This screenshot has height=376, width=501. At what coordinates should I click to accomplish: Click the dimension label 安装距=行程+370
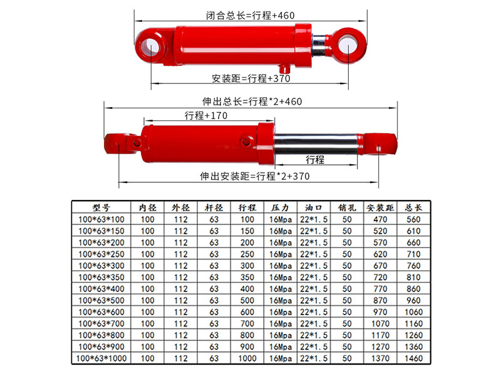pyautogui.click(x=249, y=78)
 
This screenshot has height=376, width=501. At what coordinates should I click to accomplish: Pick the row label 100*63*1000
pyautogui.click(x=101, y=359)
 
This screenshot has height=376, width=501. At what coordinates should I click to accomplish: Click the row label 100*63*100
pyautogui.click(x=101, y=219)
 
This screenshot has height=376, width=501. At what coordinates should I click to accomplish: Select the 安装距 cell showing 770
pyautogui.click(x=380, y=289)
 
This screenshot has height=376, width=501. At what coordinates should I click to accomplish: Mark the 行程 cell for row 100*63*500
pyautogui.click(x=247, y=301)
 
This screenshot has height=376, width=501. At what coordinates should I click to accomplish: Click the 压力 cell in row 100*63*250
pyautogui.click(x=281, y=254)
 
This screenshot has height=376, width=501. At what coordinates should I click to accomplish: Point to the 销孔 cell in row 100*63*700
pyautogui.click(x=346, y=324)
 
